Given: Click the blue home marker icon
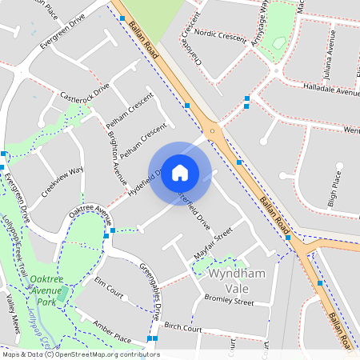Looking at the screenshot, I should [180, 172].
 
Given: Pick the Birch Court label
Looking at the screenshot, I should [181, 328].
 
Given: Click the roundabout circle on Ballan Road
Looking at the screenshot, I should [213, 130].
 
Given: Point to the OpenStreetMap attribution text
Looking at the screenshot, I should [80, 354].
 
